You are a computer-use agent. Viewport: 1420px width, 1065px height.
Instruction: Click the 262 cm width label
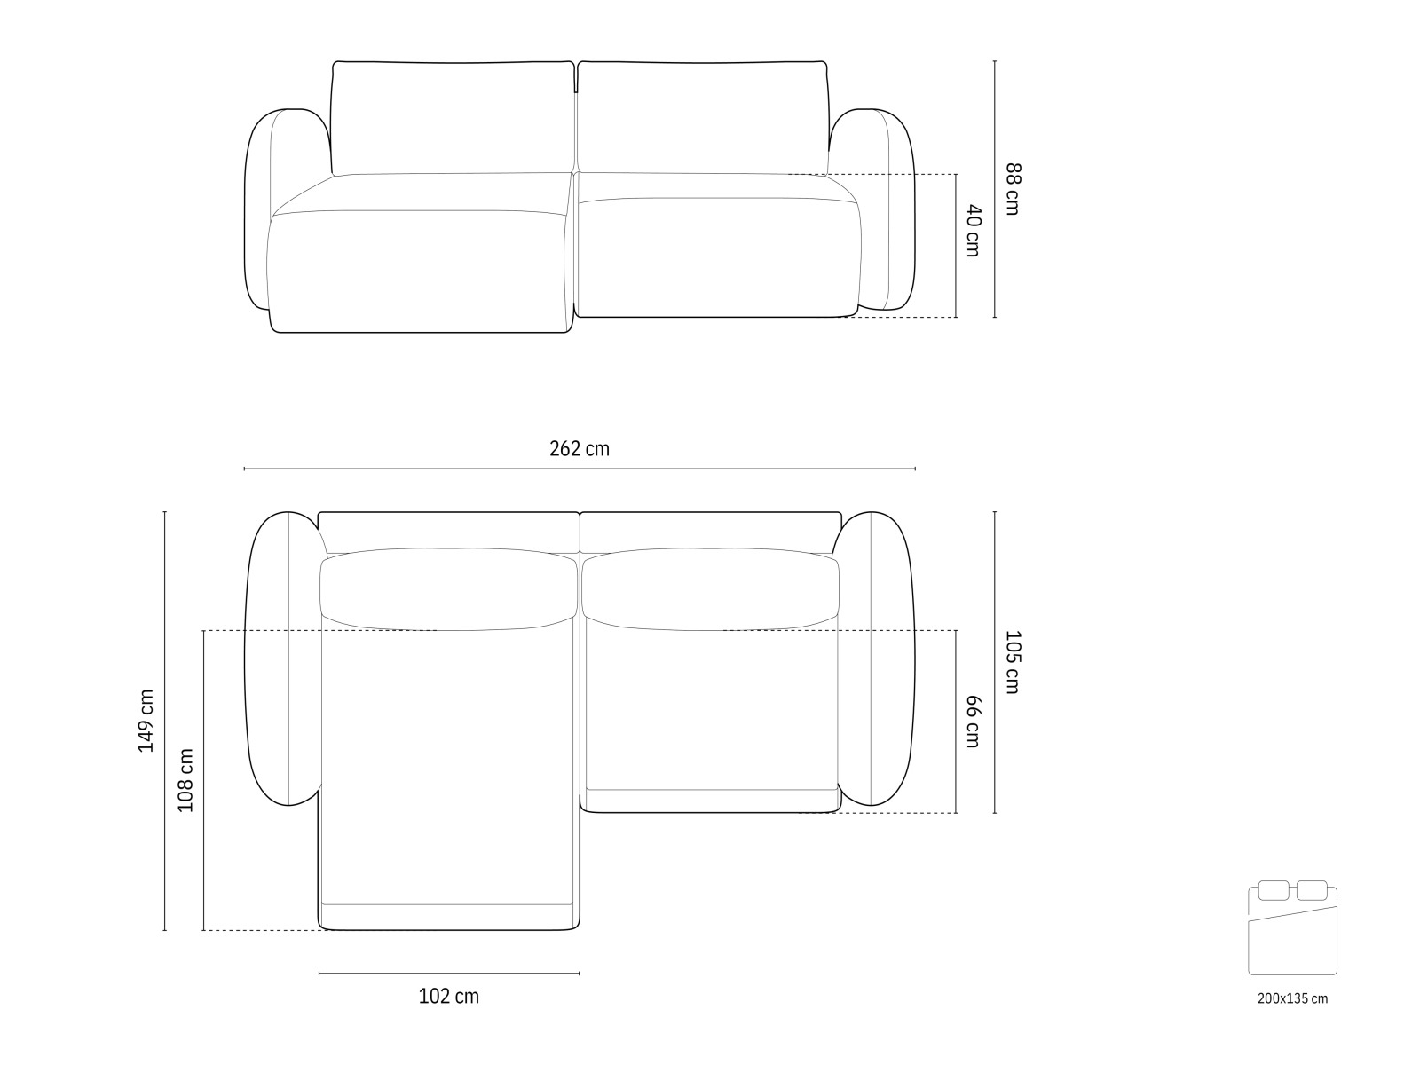pyautogui.click(x=579, y=449)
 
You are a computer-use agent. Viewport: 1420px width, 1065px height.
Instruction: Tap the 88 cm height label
pyautogui.click(x=1013, y=188)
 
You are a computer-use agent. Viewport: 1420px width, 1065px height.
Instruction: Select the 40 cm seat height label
pyautogui.click(x=973, y=231)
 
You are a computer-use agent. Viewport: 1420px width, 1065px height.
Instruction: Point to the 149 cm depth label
pyautogui.click(x=146, y=722)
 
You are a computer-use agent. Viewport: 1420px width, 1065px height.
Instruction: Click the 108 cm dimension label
pyautogui.click(x=185, y=780)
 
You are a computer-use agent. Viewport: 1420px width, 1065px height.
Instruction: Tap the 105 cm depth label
pyautogui.click(x=1013, y=661)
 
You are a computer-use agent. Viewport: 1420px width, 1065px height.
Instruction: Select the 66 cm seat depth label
pyautogui.click(x=973, y=722)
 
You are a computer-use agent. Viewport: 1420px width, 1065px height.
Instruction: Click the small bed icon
pyautogui.click(x=1292, y=927)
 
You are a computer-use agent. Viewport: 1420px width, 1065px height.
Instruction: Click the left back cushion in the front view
pyautogui.click(x=452, y=117)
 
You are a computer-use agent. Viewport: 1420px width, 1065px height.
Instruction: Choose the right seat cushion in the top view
pyautogui.click(x=710, y=710)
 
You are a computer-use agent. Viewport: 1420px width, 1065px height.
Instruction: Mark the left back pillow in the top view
pyautogui.click(x=448, y=589)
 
